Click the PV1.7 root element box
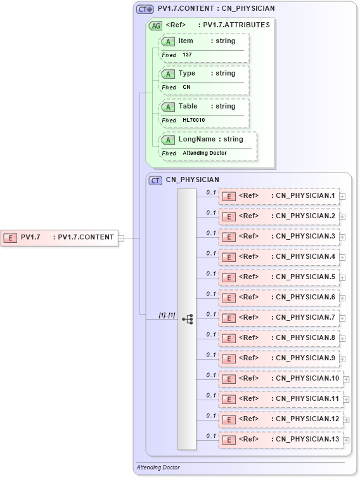point(60,237)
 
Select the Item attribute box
point(205,41)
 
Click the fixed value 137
point(187,55)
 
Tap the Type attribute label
point(187,74)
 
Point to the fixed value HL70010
point(193,121)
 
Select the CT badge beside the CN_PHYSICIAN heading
point(155,180)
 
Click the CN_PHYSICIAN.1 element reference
point(279,196)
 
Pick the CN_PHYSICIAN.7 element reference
point(279,318)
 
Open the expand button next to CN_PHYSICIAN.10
point(346,379)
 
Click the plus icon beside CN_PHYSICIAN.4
point(342,258)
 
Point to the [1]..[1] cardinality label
point(167,315)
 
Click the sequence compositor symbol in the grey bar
point(187,319)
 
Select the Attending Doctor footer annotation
point(158,467)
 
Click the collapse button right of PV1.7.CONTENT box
point(121,238)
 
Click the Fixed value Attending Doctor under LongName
point(205,154)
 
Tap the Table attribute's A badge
point(168,107)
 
